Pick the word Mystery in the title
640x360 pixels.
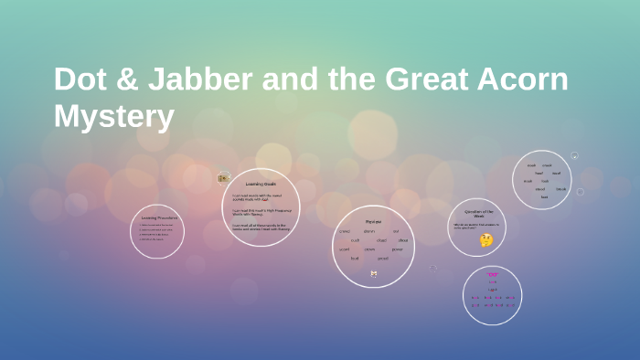pyautogui.click(x=113, y=116)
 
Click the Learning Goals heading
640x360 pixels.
pyautogui.click(x=261, y=184)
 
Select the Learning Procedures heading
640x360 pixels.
pyautogui.click(x=159, y=217)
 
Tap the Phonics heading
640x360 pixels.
pyautogui.click(x=373, y=221)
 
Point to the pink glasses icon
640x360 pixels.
pyautogui.click(x=492, y=275)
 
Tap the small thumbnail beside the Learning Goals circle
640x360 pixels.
pyautogui.click(x=222, y=178)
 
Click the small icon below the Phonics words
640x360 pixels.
pyautogui.click(x=373, y=273)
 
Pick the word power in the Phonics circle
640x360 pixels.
pyautogui.click(x=397, y=249)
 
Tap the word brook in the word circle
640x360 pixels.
pyautogui.click(x=560, y=189)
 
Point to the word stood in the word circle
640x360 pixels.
pyautogui.click(x=539, y=189)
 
